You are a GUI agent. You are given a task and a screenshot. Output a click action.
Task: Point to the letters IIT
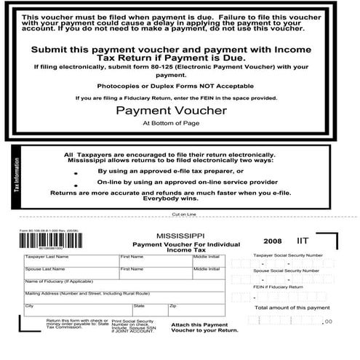click(x=303, y=239)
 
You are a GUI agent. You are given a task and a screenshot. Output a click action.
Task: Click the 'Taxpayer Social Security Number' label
click(x=287, y=255)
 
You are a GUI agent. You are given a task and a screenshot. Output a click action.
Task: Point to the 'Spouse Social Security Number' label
click(x=287, y=270)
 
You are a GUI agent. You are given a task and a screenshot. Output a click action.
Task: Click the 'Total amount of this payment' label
click(x=287, y=308)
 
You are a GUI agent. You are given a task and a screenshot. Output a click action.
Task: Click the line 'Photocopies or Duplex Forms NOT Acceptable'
click(x=180, y=86)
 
